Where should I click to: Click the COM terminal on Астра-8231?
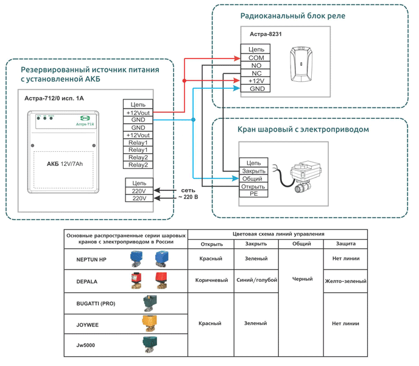[x=256, y=57]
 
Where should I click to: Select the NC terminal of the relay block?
[x=256, y=73]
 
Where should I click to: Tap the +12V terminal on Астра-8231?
[x=256, y=81]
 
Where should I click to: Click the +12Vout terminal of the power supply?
[x=138, y=112]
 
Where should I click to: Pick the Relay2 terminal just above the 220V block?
[x=138, y=165]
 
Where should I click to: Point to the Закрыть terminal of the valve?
[x=253, y=171]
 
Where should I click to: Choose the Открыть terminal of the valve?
[x=253, y=186]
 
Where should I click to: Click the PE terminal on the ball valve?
[x=253, y=194]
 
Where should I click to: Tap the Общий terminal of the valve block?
[x=253, y=179]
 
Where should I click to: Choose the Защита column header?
[x=345, y=244]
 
